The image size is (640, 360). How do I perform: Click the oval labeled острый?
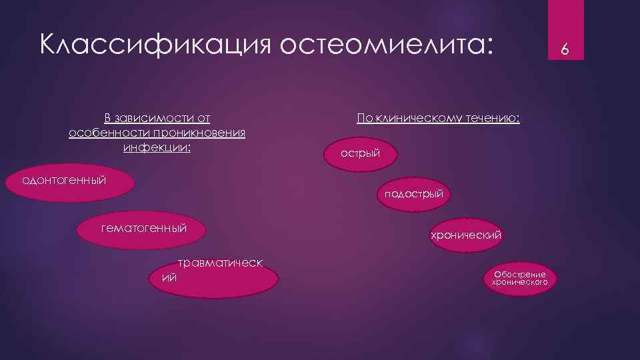pyautogui.click(x=361, y=153)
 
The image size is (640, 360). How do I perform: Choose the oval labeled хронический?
pyautogui.click(x=465, y=235)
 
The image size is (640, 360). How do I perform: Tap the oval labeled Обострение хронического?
pyautogui.click(x=520, y=278)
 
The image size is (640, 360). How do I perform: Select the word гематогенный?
pyautogui.click(x=143, y=229)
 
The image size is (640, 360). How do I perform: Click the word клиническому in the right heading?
pyautogui.click(x=421, y=119)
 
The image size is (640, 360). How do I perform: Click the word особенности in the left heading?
pyautogui.click(x=99, y=133)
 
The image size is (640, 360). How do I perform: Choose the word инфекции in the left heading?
pyautogui.click(x=157, y=147)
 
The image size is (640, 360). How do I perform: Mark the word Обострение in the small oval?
pyautogui.click(x=520, y=275)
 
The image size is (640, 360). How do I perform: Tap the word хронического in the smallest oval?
pyautogui.click(x=520, y=283)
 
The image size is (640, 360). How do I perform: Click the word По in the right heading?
pyautogui.click(x=364, y=119)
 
